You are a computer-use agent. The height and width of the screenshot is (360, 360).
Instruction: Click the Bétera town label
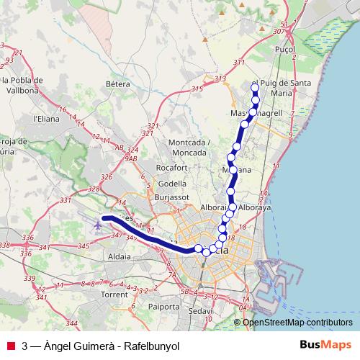(x=117, y=84)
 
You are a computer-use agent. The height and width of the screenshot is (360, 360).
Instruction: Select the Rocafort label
(x=171, y=168)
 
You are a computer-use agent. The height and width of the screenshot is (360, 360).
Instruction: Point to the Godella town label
(x=172, y=183)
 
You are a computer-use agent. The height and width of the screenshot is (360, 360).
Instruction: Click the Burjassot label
(x=171, y=196)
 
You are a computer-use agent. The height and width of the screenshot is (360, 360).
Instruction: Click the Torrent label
(x=114, y=294)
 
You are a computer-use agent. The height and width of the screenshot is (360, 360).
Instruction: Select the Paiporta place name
(x=163, y=305)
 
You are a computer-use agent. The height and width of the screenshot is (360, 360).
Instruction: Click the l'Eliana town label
(x=45, y=118)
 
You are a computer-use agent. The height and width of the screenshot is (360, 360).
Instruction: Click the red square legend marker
(x=11, y=345)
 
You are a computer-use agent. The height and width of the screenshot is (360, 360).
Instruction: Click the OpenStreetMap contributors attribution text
(x=297, y=322)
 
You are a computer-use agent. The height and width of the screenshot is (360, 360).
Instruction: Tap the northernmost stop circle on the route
(x=254, y=88)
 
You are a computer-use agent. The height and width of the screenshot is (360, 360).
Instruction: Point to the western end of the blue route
(x=104, y=217)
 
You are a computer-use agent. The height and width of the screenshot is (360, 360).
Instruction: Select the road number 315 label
(x=197, y=89)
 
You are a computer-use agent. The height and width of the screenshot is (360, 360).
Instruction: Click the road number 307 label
(x=279, y=32)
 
